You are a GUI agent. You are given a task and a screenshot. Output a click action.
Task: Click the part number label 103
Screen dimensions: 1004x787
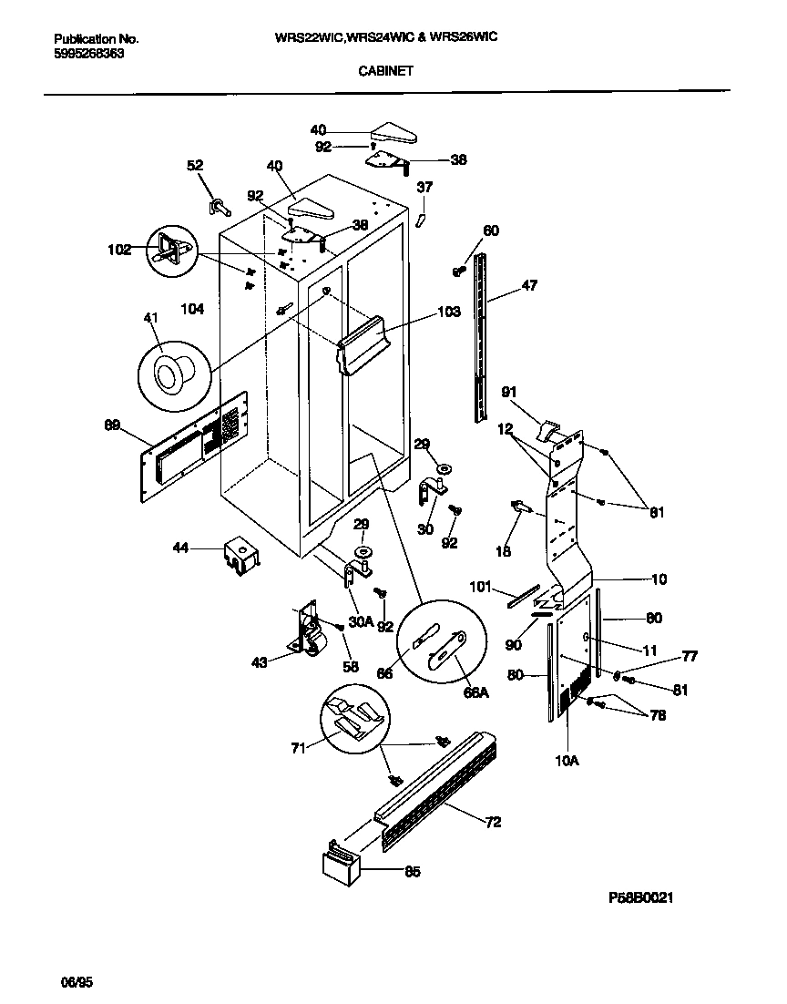[449, 311]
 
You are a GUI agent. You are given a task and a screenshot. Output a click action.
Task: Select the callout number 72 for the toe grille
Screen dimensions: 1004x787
[493, 823]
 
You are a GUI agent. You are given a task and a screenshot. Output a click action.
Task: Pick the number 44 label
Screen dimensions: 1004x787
[182, 548]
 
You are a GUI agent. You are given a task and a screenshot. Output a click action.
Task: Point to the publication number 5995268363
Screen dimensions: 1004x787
[89, 54]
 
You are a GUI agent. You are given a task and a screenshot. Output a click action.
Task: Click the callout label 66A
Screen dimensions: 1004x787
[476, 692]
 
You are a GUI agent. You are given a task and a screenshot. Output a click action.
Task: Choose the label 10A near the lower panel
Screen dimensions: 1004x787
[567, 759]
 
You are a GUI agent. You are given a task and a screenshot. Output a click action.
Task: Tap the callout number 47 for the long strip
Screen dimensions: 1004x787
[528, 285]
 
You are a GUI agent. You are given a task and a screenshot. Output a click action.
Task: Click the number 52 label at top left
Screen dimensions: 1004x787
[195, 165]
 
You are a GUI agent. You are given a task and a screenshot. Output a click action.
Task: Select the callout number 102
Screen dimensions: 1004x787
[119, 249]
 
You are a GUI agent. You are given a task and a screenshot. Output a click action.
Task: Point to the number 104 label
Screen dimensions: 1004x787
[192, 309]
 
